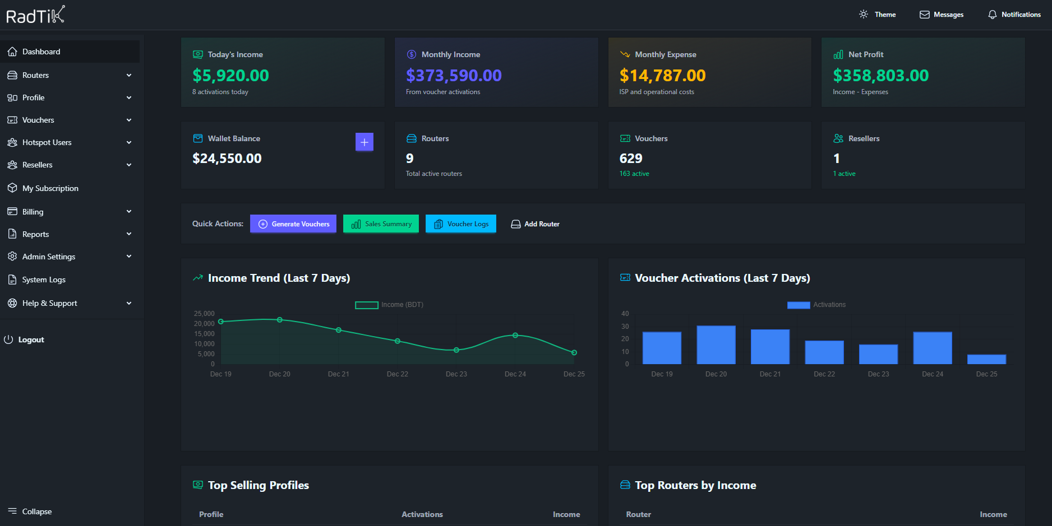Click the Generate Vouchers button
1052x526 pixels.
point(293,224)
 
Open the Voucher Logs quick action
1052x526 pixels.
point(461,224)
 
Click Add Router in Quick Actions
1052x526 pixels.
point(535,224)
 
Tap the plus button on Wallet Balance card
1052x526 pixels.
point(364,142)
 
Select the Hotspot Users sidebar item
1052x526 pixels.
point(47,142)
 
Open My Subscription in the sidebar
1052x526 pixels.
point(50,188)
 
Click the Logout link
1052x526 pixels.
point(31,339)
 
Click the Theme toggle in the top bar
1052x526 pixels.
point(878,15)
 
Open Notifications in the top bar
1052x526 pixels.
point(1014,15)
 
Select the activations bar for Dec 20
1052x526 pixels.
point(716,345)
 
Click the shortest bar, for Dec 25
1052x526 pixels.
point(986,359)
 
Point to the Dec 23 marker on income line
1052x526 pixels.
point(456,350)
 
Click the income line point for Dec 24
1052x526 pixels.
point(515,336)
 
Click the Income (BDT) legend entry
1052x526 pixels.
point(390,305)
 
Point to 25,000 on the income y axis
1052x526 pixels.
point(204,314)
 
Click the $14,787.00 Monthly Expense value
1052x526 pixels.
point(662,75)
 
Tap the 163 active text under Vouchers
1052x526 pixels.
point(634,174)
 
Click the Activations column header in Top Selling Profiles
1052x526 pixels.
point(422,514)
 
